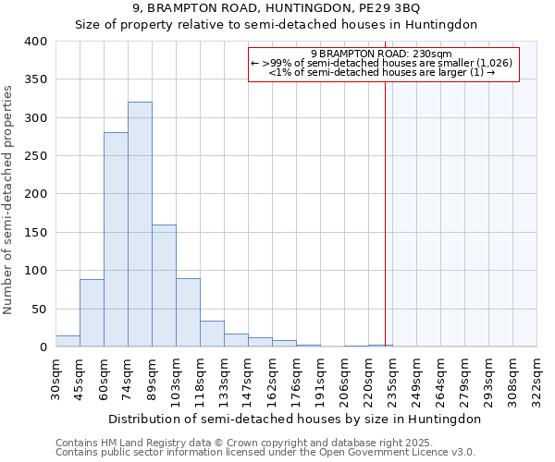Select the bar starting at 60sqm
[x=116, y=240]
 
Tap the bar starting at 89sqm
[x=164, y=286]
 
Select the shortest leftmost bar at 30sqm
[x=68, y=341]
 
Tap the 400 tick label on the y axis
[x=36, y=42]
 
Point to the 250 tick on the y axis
[x=36, y=156]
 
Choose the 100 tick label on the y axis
[x=36, y=271]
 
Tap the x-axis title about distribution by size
[x=294, y=419]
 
